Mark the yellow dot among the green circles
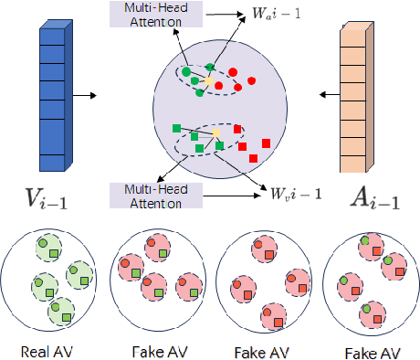click(209, 81)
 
